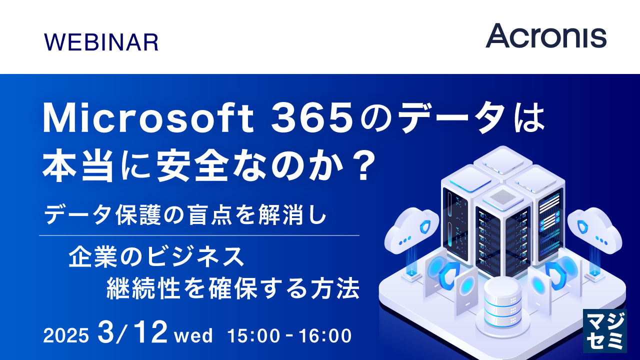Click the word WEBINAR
pos(101,42)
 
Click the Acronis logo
pos(546,36)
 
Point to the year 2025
pos(66,335)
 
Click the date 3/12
pos(132,333)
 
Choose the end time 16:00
pos(325,335)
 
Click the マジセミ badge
pos(605,330)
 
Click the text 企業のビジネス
pos(156,256)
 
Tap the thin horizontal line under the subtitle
pos(199,235)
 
